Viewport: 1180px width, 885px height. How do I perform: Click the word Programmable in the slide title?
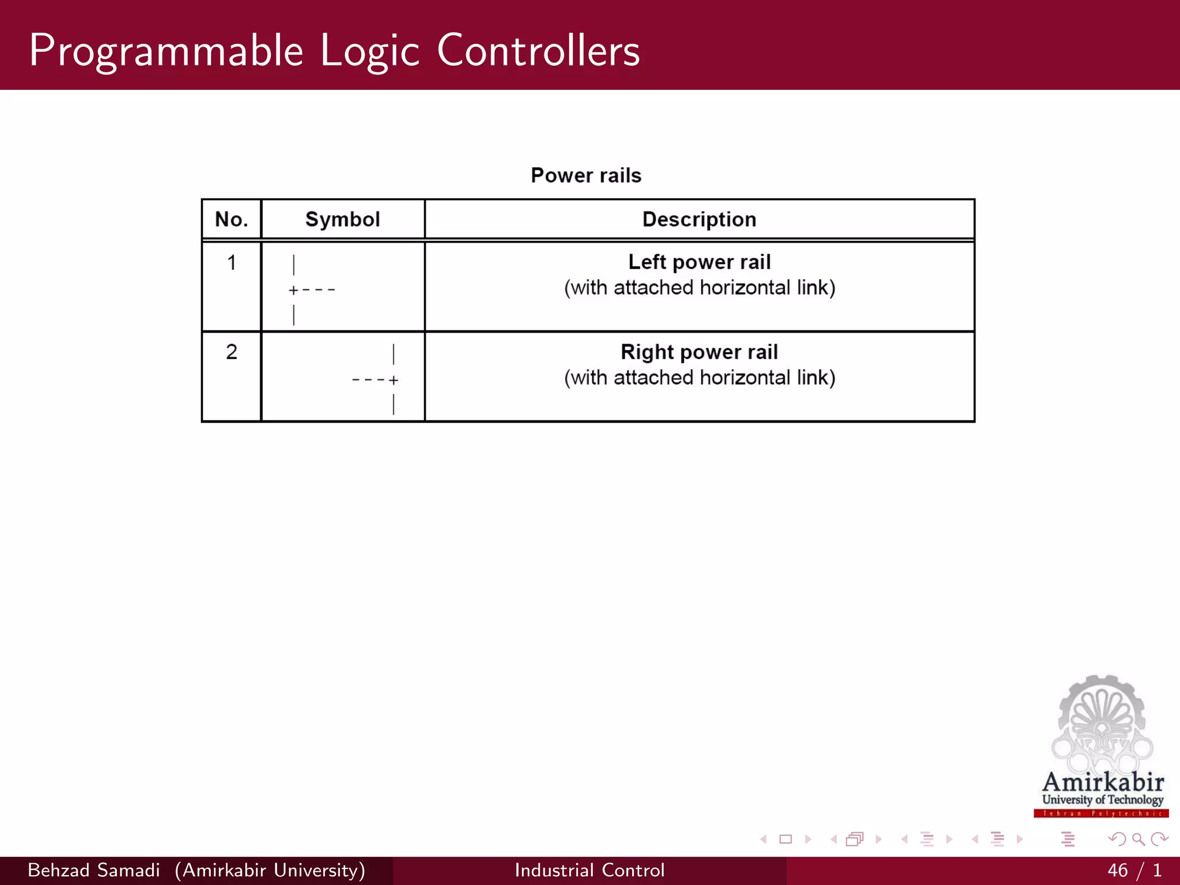coord(166,51)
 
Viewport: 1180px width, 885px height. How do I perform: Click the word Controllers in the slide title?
coord(538,51)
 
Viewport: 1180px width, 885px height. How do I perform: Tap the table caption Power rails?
coord(585,175)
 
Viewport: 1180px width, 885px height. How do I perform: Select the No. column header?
coord(231,220)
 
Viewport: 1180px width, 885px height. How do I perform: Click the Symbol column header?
coord(342,220)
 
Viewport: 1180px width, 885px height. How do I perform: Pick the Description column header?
coord(699,220)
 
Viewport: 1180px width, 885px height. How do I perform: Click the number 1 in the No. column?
coord(232,263)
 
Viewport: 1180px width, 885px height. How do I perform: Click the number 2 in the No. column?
coord(232,352)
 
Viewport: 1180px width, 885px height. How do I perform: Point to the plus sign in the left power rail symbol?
coord(293,290)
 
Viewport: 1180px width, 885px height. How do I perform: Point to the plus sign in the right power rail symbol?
coord(394,380)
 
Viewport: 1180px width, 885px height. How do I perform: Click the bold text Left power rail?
coord(699,262)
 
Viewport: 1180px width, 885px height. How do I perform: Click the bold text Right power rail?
coord(699,352)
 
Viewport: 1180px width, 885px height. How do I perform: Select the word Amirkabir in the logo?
coord(1103,782)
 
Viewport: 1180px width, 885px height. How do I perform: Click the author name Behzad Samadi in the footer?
coord(93,870)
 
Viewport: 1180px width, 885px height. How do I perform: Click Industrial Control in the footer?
coord(589,870)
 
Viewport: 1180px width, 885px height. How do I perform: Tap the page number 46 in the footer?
coord(1117,870)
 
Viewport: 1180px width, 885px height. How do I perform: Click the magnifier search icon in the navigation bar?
coord(1138,839)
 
